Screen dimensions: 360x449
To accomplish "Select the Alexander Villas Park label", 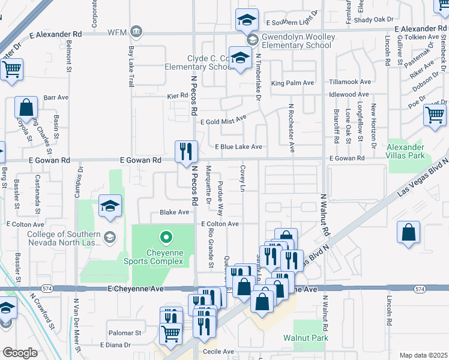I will [406, 152].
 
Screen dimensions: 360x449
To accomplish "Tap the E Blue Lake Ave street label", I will [238, 147].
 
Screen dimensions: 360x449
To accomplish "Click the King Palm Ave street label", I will [293, 83].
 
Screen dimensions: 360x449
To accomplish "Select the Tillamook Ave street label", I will [349, 82].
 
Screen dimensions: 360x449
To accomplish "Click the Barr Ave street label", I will [58, 97].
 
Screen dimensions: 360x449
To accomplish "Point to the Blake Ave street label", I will [174, 212].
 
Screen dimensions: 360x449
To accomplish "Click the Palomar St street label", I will [124, 332].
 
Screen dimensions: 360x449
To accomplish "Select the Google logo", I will [20, 353].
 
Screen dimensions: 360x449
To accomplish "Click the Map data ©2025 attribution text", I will [423, 355].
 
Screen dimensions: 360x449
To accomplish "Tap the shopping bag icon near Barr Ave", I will [26, 109].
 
